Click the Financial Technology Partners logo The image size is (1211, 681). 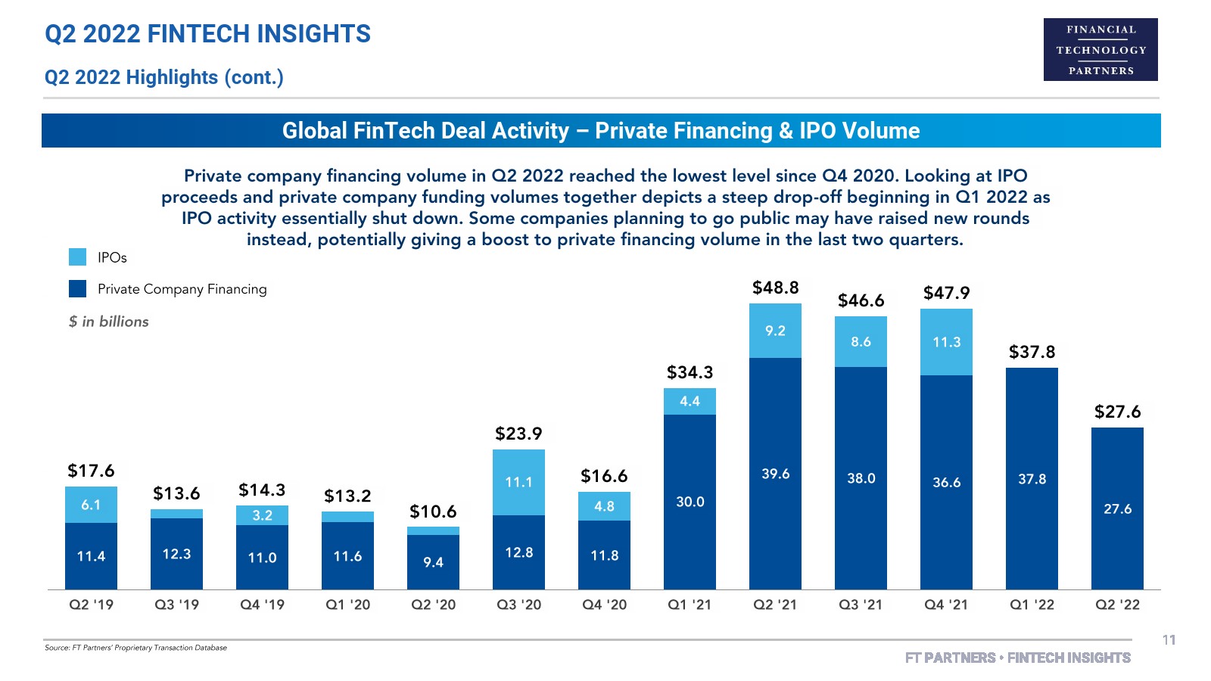1100,49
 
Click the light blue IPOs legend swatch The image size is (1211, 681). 77,257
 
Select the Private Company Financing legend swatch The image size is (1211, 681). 77,289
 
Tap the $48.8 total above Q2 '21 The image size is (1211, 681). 775,288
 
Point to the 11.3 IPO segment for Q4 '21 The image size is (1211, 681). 946,342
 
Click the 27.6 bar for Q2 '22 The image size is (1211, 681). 1117,508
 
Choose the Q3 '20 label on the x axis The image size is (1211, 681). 518,605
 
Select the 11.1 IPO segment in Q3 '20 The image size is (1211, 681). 518,482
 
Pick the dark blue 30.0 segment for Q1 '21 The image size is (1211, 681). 690,502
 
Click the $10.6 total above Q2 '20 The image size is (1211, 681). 433,512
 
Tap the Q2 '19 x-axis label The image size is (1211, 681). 91,605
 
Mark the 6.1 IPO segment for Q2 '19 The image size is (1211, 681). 91,505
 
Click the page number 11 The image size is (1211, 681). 1169,640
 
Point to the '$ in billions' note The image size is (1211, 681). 109,322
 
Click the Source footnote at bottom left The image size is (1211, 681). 135,648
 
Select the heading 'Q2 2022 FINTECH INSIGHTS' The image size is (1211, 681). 208,34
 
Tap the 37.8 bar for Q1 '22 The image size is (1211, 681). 1032,479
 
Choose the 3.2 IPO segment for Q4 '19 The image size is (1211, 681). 262,515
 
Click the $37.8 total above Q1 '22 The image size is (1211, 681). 1032,352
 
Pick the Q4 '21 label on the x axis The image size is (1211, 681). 946,605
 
